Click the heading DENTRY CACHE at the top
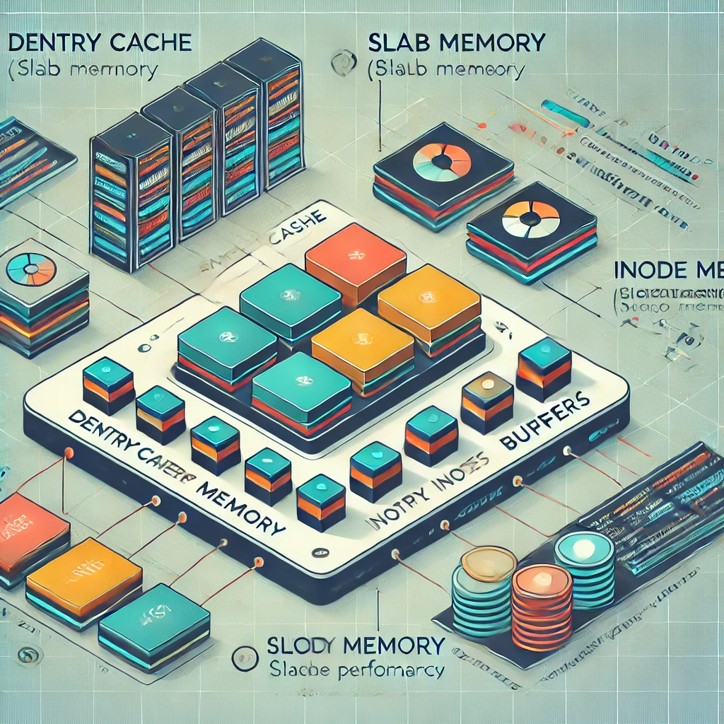[x=99, y=42]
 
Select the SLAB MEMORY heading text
[x=457, y=43]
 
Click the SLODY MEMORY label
[x=356, y=645]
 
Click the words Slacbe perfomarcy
[x=356, y=670]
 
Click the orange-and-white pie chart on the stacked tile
[x=530, y=219]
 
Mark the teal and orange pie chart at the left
[x=31, y=269]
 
